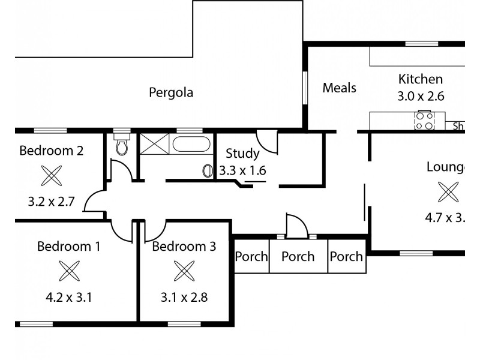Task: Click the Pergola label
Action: click(171, 93)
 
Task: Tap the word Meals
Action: click(339, 88)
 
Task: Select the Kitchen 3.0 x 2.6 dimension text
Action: click(421, 96)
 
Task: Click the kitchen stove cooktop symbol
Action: click(424, 120)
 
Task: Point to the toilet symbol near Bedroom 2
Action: click(122, 145)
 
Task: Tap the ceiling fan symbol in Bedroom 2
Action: click(51, 176)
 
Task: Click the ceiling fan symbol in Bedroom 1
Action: click(69, 271)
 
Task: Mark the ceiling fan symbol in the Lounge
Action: click(448, 192)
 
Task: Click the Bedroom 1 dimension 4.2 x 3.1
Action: click(68, 297)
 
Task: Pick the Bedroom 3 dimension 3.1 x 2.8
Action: click(184, 297)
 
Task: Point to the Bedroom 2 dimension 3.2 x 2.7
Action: click(51, 202)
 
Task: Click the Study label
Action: click(242, 154)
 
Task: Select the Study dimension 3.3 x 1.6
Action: click(242, 170)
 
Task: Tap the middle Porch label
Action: click(298, 257)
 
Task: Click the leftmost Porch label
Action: click(251, 257)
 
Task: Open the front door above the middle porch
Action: click(297, 226)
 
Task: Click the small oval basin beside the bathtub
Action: click(208, 171)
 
